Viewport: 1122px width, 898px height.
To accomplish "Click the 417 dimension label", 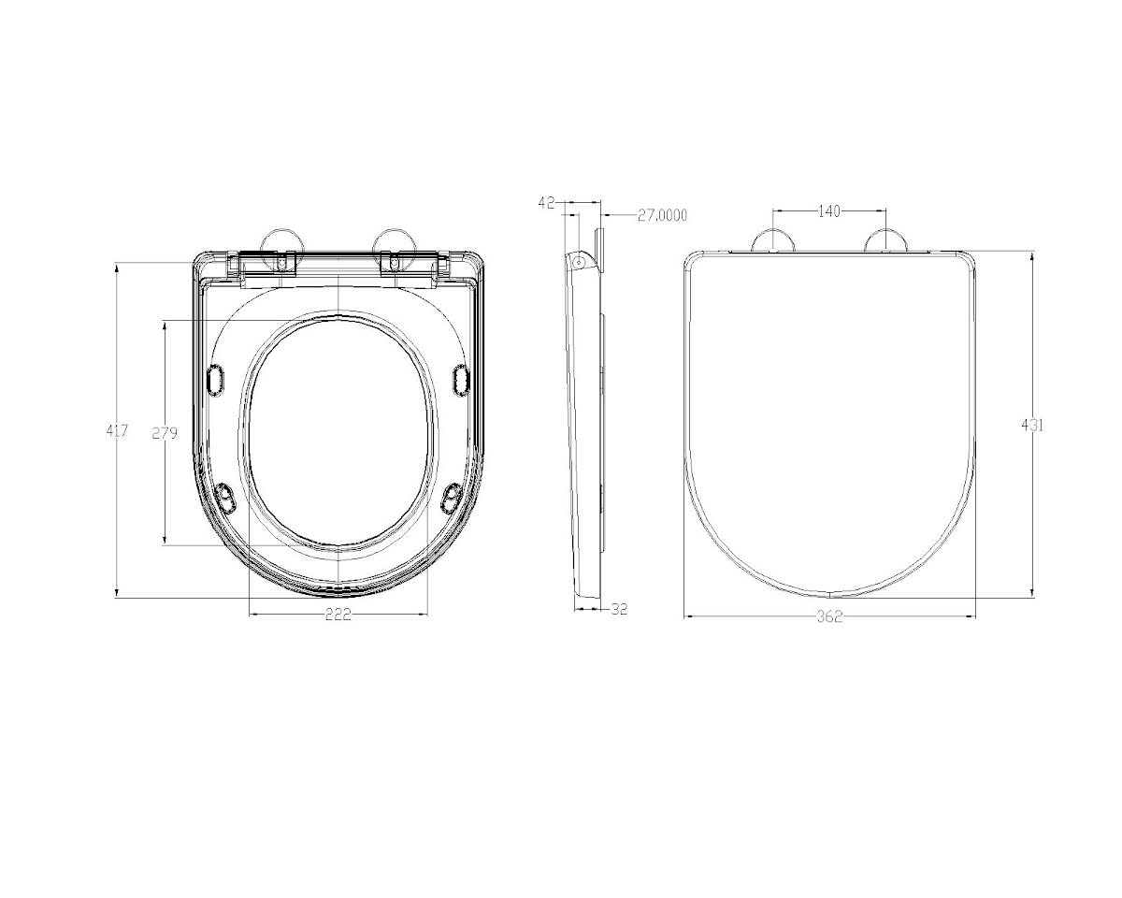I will (x=117, y=431).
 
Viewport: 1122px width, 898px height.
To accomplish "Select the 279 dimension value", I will (x=165, y=433).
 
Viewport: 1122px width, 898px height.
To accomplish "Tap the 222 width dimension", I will (x=338, y=615).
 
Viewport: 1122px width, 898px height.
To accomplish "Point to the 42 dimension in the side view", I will (x=548, y=202).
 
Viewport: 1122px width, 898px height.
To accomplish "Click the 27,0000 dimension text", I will (x=662, y=215).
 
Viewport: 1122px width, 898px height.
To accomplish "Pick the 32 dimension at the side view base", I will (x=619, y=609).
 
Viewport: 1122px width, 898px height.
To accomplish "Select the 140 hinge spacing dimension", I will (x=828, y=211).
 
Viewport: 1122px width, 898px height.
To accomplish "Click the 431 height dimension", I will (x=1032, y=425).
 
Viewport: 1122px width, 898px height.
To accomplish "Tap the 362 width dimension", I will (x=829, y=616).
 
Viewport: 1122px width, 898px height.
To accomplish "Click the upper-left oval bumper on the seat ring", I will (x=215, y=380).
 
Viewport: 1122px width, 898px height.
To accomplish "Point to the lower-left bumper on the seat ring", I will (x=225, y=497).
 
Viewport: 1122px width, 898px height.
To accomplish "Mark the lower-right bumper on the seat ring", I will (x=452, y=497).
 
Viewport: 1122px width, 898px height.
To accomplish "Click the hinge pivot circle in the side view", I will (x=579, y=262).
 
